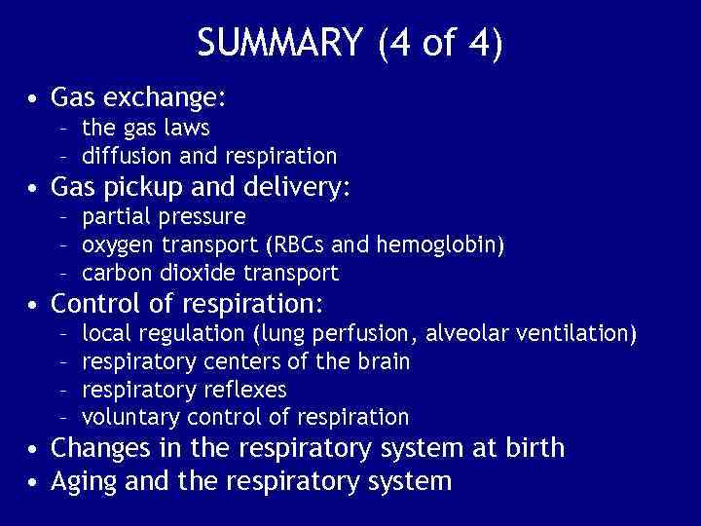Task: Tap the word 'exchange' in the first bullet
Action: click(162, 98)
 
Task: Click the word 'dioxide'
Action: click(188, 272)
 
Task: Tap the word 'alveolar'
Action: click(465, 334)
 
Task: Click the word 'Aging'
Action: click(83, 481)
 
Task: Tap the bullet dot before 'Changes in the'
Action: click(35, 449)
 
